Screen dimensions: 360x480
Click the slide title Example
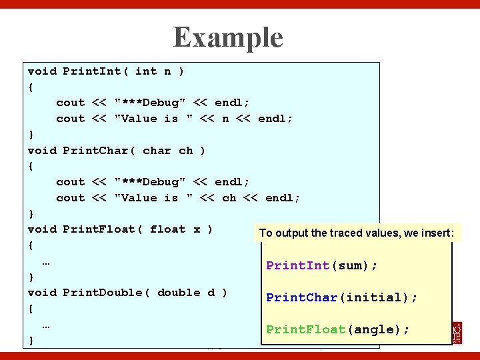click(x=228, y=37)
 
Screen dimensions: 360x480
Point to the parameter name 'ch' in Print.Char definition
click(x=185, y=151)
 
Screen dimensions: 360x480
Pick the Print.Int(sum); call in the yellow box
click(x=321, y=265)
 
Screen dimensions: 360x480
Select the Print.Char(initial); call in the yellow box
click(x=341, y=297)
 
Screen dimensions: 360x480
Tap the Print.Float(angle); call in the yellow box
click(x=338, y=329)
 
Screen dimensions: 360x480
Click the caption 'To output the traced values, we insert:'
click(x=357, y=233)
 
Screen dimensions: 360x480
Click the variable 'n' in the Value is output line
click(x=225, y=119)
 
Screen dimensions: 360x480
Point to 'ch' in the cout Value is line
click(x=229, y=198)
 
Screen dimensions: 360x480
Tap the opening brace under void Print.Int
click(x=31, y=87)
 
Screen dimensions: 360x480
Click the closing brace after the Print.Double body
click(x=31, y=341)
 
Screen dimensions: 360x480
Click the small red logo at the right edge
click(x=457, y=332)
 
